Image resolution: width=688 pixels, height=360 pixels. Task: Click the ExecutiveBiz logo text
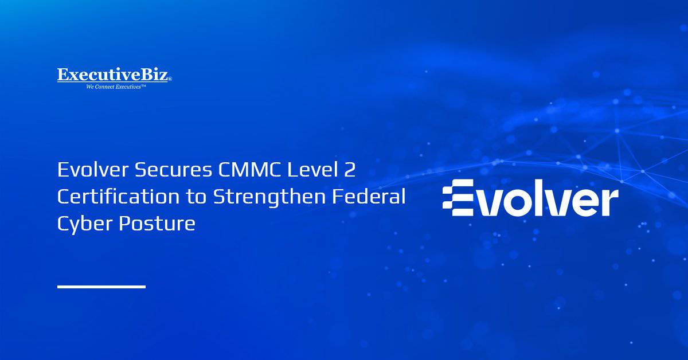point(114,75)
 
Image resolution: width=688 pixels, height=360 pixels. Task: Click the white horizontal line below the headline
point(101,286)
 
